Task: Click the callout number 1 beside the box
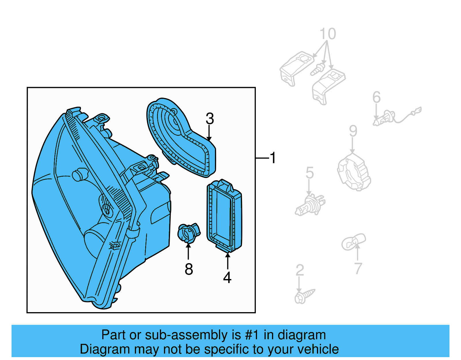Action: (x=273, y=158)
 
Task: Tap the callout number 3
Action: (x=209, y=118)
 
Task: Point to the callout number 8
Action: (x=189, y=269)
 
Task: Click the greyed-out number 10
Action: (x=328, y=33)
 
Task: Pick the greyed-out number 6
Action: (x=376, y=97)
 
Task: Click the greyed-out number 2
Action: (x=300, y=270)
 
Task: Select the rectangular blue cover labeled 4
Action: (x=224, y=215)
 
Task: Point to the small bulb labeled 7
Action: (x=354, y=242)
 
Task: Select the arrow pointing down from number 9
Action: (x=352, y=145)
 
